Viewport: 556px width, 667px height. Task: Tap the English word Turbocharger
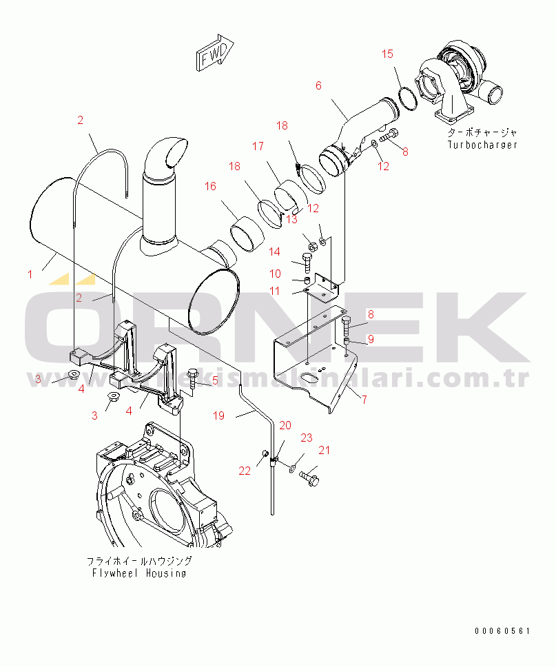tap(482, 145)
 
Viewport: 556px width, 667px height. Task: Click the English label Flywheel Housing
tap(139, 573)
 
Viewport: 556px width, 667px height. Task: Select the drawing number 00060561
tap(502, 631)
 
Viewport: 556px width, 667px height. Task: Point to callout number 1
tap(30, 274)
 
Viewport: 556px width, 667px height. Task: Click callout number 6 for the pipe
tap(318, 85)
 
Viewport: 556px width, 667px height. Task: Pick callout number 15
tap(388, 54)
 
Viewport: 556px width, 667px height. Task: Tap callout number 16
tap(210, 186)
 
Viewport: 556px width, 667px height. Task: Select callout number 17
tap(258, 146)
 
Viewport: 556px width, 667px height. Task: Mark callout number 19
tap(219, 415)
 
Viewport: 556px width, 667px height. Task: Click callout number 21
tap(324, 451)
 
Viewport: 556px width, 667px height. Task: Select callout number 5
tap(214, 380)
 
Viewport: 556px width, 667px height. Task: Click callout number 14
tap(274, 252)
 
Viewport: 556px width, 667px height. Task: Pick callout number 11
tap(274, 291)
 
